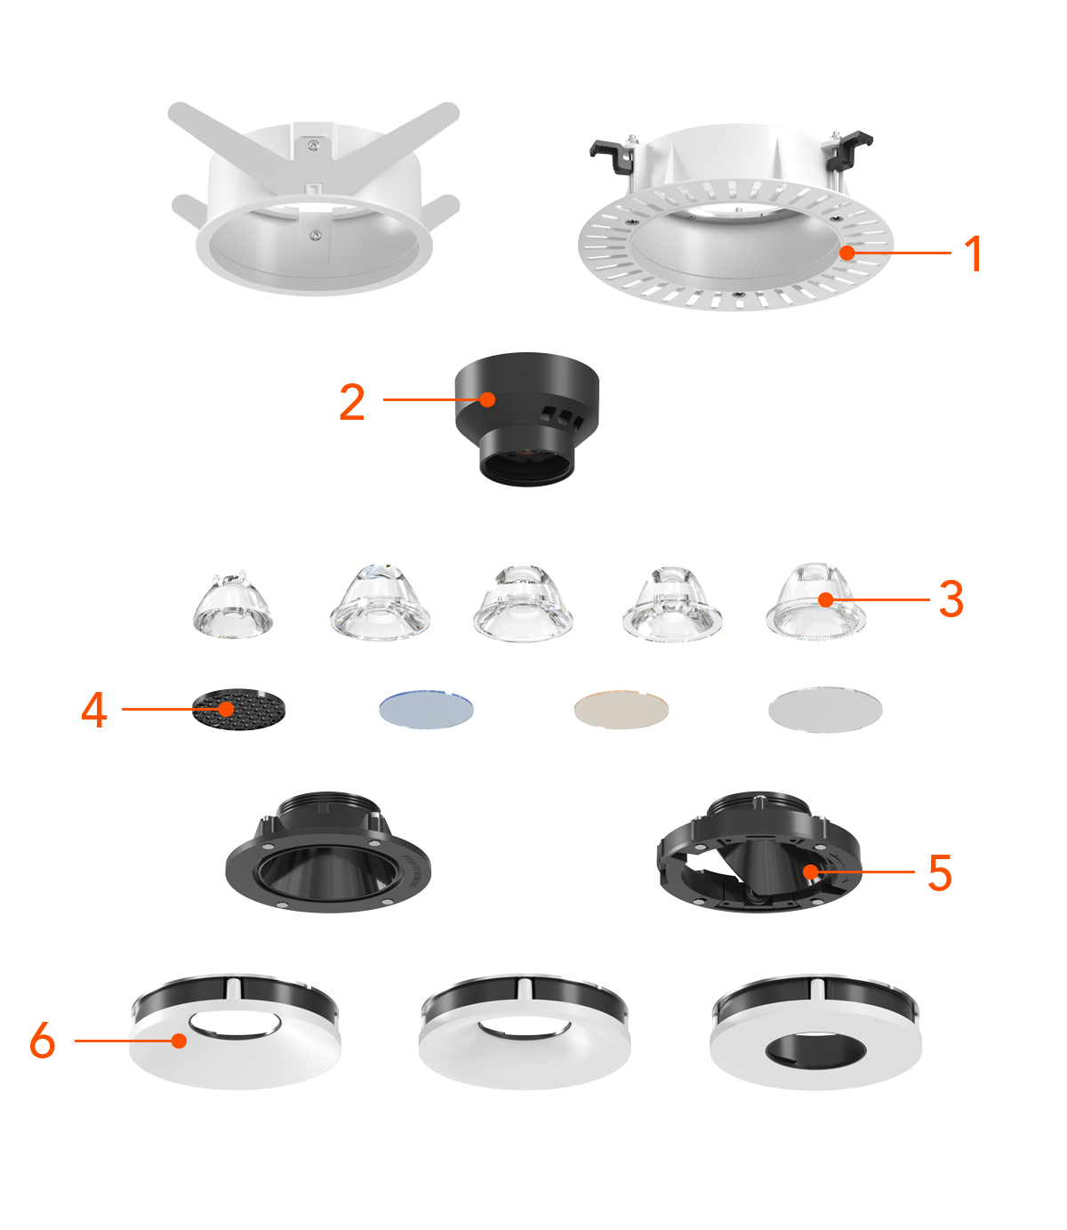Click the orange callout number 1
tap(974, 253)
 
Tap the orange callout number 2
tap(352, 402)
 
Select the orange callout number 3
tap(951, 599)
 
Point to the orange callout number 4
tap(94, 710)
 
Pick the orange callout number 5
tap(940, 872)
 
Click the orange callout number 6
tap(43, 1040)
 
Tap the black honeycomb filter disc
tap(238, 710)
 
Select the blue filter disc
tap(426, 710)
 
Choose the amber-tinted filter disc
tap(622, 710)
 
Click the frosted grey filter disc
tap(825, 710)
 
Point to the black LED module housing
tap(526, 419)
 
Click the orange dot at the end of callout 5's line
tap(810, 872)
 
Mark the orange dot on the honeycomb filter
tap(226, 710)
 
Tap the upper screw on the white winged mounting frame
tap(312, 145)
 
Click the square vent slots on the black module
tap(561, 416)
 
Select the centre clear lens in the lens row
tap(523, 603)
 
